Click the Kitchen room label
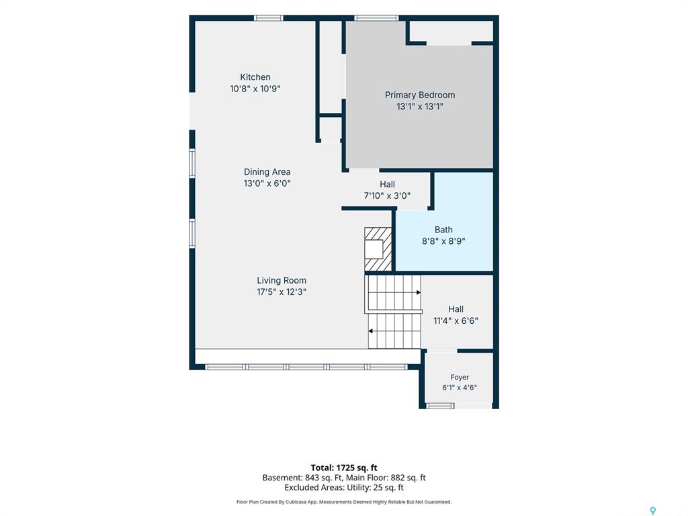coord(255,77)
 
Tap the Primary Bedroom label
coord(420,95)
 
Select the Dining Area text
coord(267,172)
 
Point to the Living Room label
coord(282,280)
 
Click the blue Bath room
coord(444,222)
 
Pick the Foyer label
coord(460,378)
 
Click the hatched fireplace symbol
coord(378,249)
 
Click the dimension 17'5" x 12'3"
coord(282,292)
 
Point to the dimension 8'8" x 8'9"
coord(443,241)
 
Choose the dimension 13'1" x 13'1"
coord(420,106)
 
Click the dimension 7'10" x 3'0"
coord(387,196)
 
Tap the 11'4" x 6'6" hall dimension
coord(456,320)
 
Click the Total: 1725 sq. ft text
coord(344,468)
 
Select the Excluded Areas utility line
coord(344,488)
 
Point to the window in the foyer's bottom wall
coord(441,406)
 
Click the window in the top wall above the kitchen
coord(269,18)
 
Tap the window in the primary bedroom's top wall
coord(376,18)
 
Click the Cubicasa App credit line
coord(344,502)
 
